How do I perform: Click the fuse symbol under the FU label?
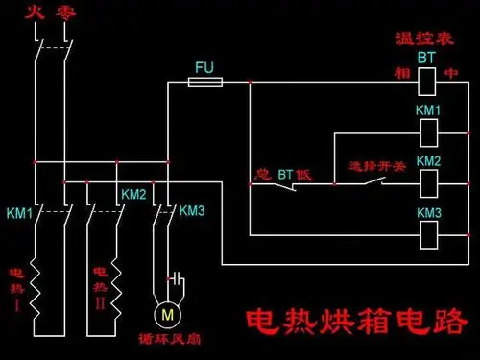[204, 84]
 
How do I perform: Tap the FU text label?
[204, 67]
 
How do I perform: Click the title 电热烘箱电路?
[357, 321]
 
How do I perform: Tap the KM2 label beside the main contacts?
[133, 194]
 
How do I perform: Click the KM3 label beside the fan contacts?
[192, 210]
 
